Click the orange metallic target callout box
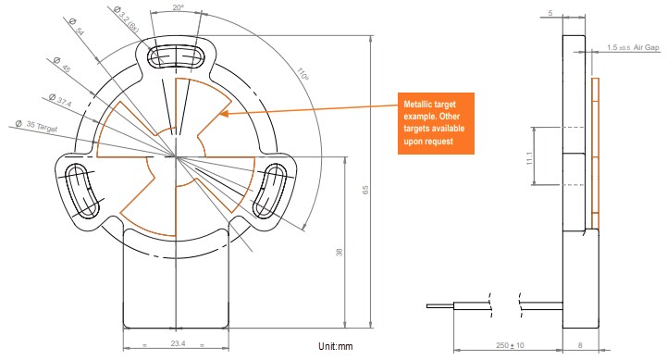[434, 124]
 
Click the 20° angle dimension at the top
[178, 7]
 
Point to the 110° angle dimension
[303, 75]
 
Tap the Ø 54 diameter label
[78, 33]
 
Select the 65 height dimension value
[366, 190]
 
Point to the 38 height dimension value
[340, 251]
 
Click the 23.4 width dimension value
[176, 343]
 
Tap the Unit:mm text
[337, 347]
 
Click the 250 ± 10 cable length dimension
[506, 345]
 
